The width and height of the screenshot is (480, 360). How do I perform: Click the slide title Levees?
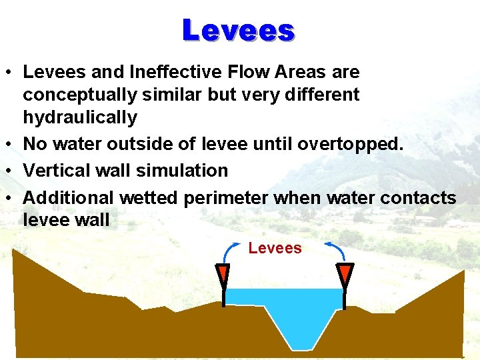[x=239, y=30]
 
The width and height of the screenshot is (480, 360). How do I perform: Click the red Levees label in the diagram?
[x=275, y=249]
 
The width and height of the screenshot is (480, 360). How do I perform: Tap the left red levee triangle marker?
[x=223, y=275]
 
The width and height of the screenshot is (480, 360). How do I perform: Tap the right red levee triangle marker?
[x=344, y=274]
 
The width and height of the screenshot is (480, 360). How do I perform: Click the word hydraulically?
[x=80, y=118]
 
